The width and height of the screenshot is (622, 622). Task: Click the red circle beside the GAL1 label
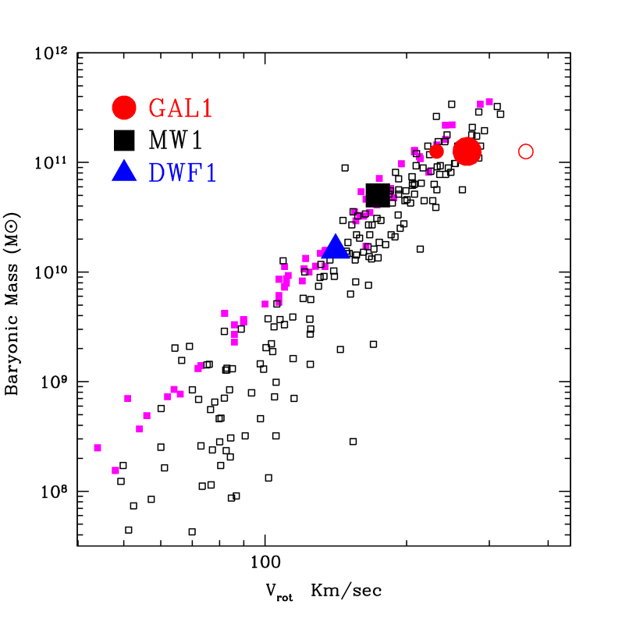point(124,108)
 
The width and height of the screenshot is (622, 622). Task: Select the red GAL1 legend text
point(180,108)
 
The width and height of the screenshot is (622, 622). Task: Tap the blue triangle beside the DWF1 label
point(124,171)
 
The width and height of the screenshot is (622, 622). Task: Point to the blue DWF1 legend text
point(183,172)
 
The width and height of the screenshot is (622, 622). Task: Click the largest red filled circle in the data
point(467,151)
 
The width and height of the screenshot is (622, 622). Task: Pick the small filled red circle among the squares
point(436,151)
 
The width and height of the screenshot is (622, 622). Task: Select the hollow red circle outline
point(526,151)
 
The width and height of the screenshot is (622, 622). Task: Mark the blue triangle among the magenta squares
point(336,247)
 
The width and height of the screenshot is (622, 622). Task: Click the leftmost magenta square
point(98,448)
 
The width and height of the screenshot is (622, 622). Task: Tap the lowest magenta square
point(116,471)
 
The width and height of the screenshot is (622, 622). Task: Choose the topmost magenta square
point(489,101)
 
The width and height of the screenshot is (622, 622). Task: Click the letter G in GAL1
point(156,108)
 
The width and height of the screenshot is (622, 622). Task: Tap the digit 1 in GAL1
point(207,108)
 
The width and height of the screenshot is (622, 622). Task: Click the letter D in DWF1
point(157,172)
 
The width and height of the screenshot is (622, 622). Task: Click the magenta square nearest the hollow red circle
point(489,101)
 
